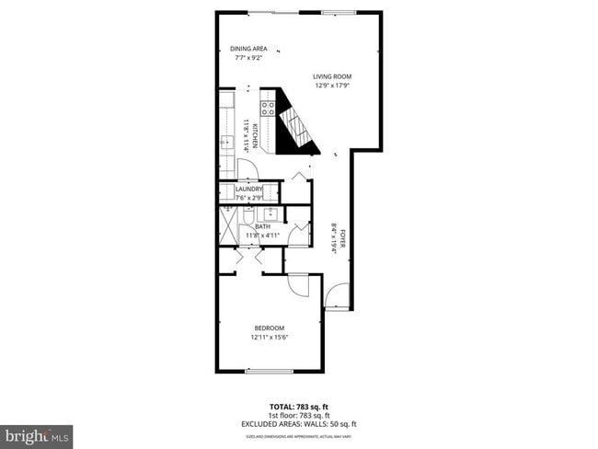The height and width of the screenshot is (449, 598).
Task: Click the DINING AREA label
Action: pos(248,50)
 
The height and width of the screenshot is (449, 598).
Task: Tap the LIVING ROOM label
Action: pos(332,76)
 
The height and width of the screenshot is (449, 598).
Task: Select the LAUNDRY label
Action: pos(249,189)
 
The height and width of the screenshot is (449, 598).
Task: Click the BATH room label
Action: pos(262,226)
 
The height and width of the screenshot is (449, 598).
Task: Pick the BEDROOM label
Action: pos(269,328)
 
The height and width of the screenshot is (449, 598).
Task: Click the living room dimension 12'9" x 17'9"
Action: pos(332,86)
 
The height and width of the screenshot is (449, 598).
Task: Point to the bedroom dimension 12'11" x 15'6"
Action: pos(269,338)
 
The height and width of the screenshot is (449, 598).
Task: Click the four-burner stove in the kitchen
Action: pos(269,108)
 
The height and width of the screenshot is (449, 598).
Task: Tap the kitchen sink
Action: pos(224,143)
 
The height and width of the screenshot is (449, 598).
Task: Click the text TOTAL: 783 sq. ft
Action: pos(300,407)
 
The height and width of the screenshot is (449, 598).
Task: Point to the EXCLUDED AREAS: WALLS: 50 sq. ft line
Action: pos(300,423)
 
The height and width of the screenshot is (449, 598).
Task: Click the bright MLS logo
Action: pos(37,434)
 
